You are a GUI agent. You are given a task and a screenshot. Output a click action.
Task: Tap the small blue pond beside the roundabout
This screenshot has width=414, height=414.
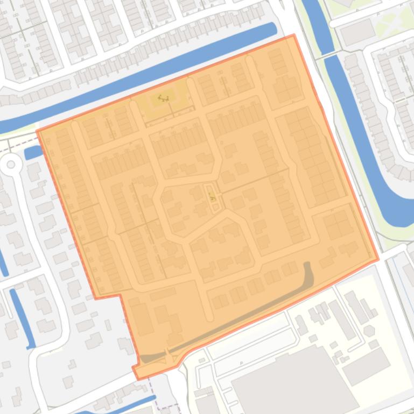pos(33,152)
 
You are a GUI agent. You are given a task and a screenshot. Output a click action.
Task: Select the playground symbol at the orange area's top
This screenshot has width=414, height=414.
pos(163,98)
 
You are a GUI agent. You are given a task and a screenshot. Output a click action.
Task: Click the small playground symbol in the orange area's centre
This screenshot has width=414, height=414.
pos(212,197)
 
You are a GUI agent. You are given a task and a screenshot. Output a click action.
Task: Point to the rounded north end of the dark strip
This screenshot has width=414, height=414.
pos(308,266)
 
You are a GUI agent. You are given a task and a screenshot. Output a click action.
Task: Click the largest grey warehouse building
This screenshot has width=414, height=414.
pos(293,382)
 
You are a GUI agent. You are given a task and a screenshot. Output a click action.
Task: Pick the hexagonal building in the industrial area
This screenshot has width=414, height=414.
pos(369,330)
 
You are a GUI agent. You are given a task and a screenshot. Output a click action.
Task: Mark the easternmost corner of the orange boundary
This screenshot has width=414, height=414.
pos(378,259)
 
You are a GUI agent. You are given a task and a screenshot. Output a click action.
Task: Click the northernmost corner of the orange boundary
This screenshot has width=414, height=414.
pos(294,35)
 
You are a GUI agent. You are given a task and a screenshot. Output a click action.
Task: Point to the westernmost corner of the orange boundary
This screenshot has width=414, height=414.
pos(37,131)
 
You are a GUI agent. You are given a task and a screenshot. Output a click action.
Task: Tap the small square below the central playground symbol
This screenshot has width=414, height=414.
pos(215,208)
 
